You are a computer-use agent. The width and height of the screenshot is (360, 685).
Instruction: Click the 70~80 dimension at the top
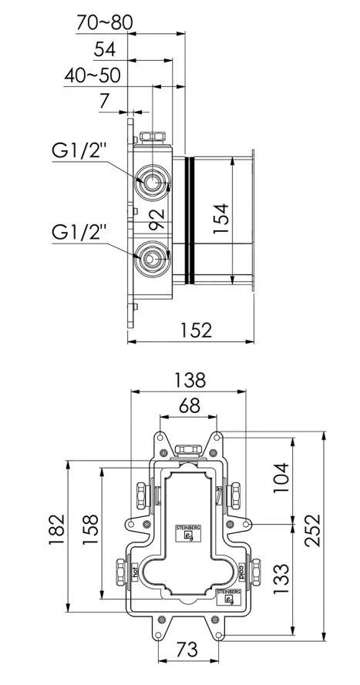coord(106,23)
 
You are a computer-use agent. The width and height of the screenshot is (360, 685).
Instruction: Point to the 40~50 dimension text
coord(92,76)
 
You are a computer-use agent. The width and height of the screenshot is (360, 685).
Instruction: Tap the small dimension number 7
coord(104,101)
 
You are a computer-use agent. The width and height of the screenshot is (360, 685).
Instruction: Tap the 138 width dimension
coord(189,380)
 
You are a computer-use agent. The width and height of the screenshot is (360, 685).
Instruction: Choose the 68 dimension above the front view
coord(189,406)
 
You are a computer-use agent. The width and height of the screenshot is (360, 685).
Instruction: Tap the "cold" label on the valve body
coord(237,572)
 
